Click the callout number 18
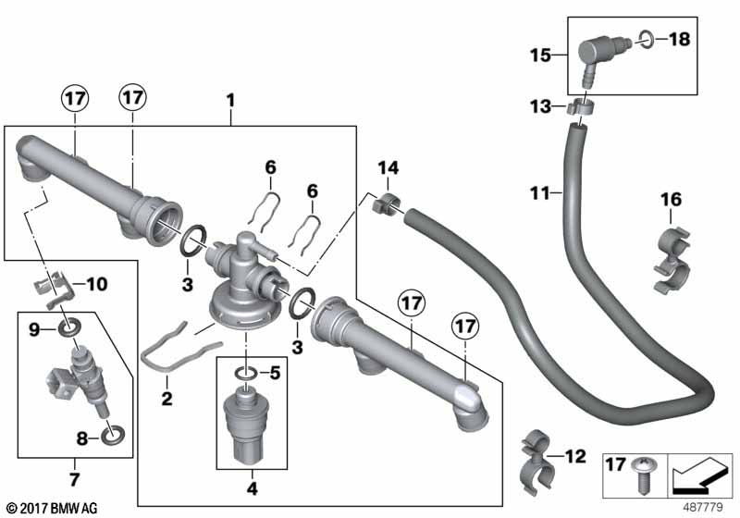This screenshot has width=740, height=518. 680,39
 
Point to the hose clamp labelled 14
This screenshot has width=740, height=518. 386,203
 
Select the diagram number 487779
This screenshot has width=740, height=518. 703,507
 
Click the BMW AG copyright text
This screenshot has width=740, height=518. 53,508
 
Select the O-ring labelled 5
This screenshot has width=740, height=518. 246,374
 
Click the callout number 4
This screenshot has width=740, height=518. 253,488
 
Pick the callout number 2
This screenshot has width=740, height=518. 166,399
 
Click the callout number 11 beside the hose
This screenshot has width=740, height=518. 540,193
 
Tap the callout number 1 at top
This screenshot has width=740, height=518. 230,100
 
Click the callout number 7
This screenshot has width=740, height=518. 75,479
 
